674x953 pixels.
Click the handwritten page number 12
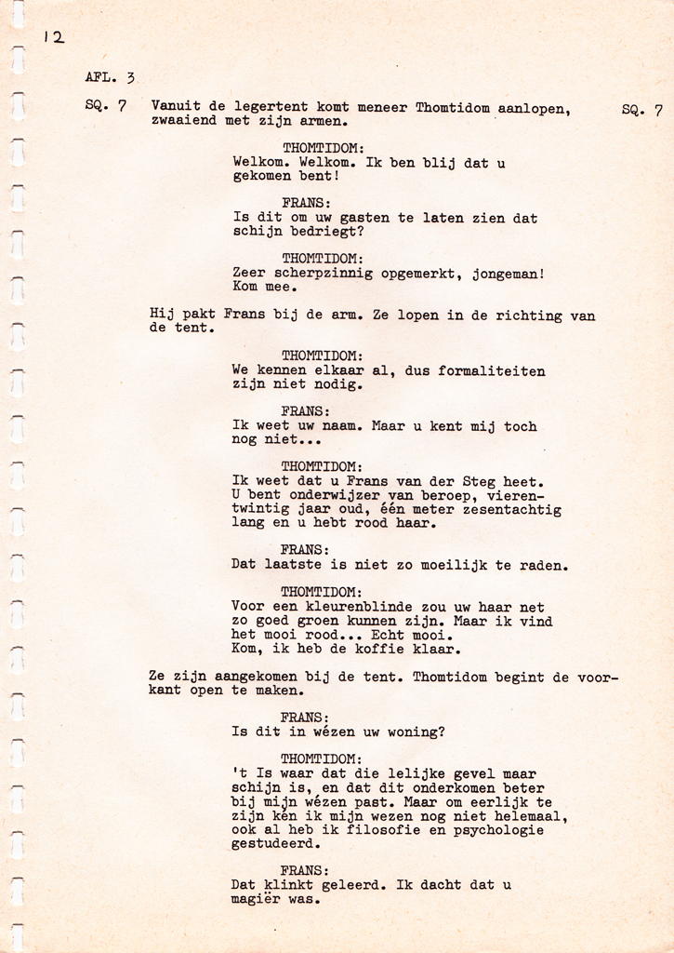click(53, 37)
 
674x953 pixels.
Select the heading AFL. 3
click(110, 78)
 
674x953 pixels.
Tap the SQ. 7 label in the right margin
click(641, 110)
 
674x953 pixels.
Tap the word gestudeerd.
click(276, 844)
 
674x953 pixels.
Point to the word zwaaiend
click(183, 121)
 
